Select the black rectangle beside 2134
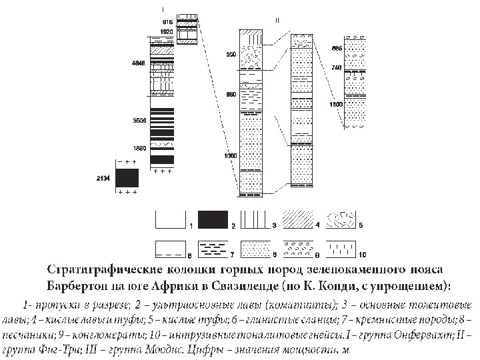tap(127, 178)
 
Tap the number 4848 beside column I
tap(139, 64)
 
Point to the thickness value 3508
tap(139, 121)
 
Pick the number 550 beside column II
tap(231, 54)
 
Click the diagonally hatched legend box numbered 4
tap(300, 220)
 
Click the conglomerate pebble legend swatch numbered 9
tap(300, 249)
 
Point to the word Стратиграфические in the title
tap(103, 269)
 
